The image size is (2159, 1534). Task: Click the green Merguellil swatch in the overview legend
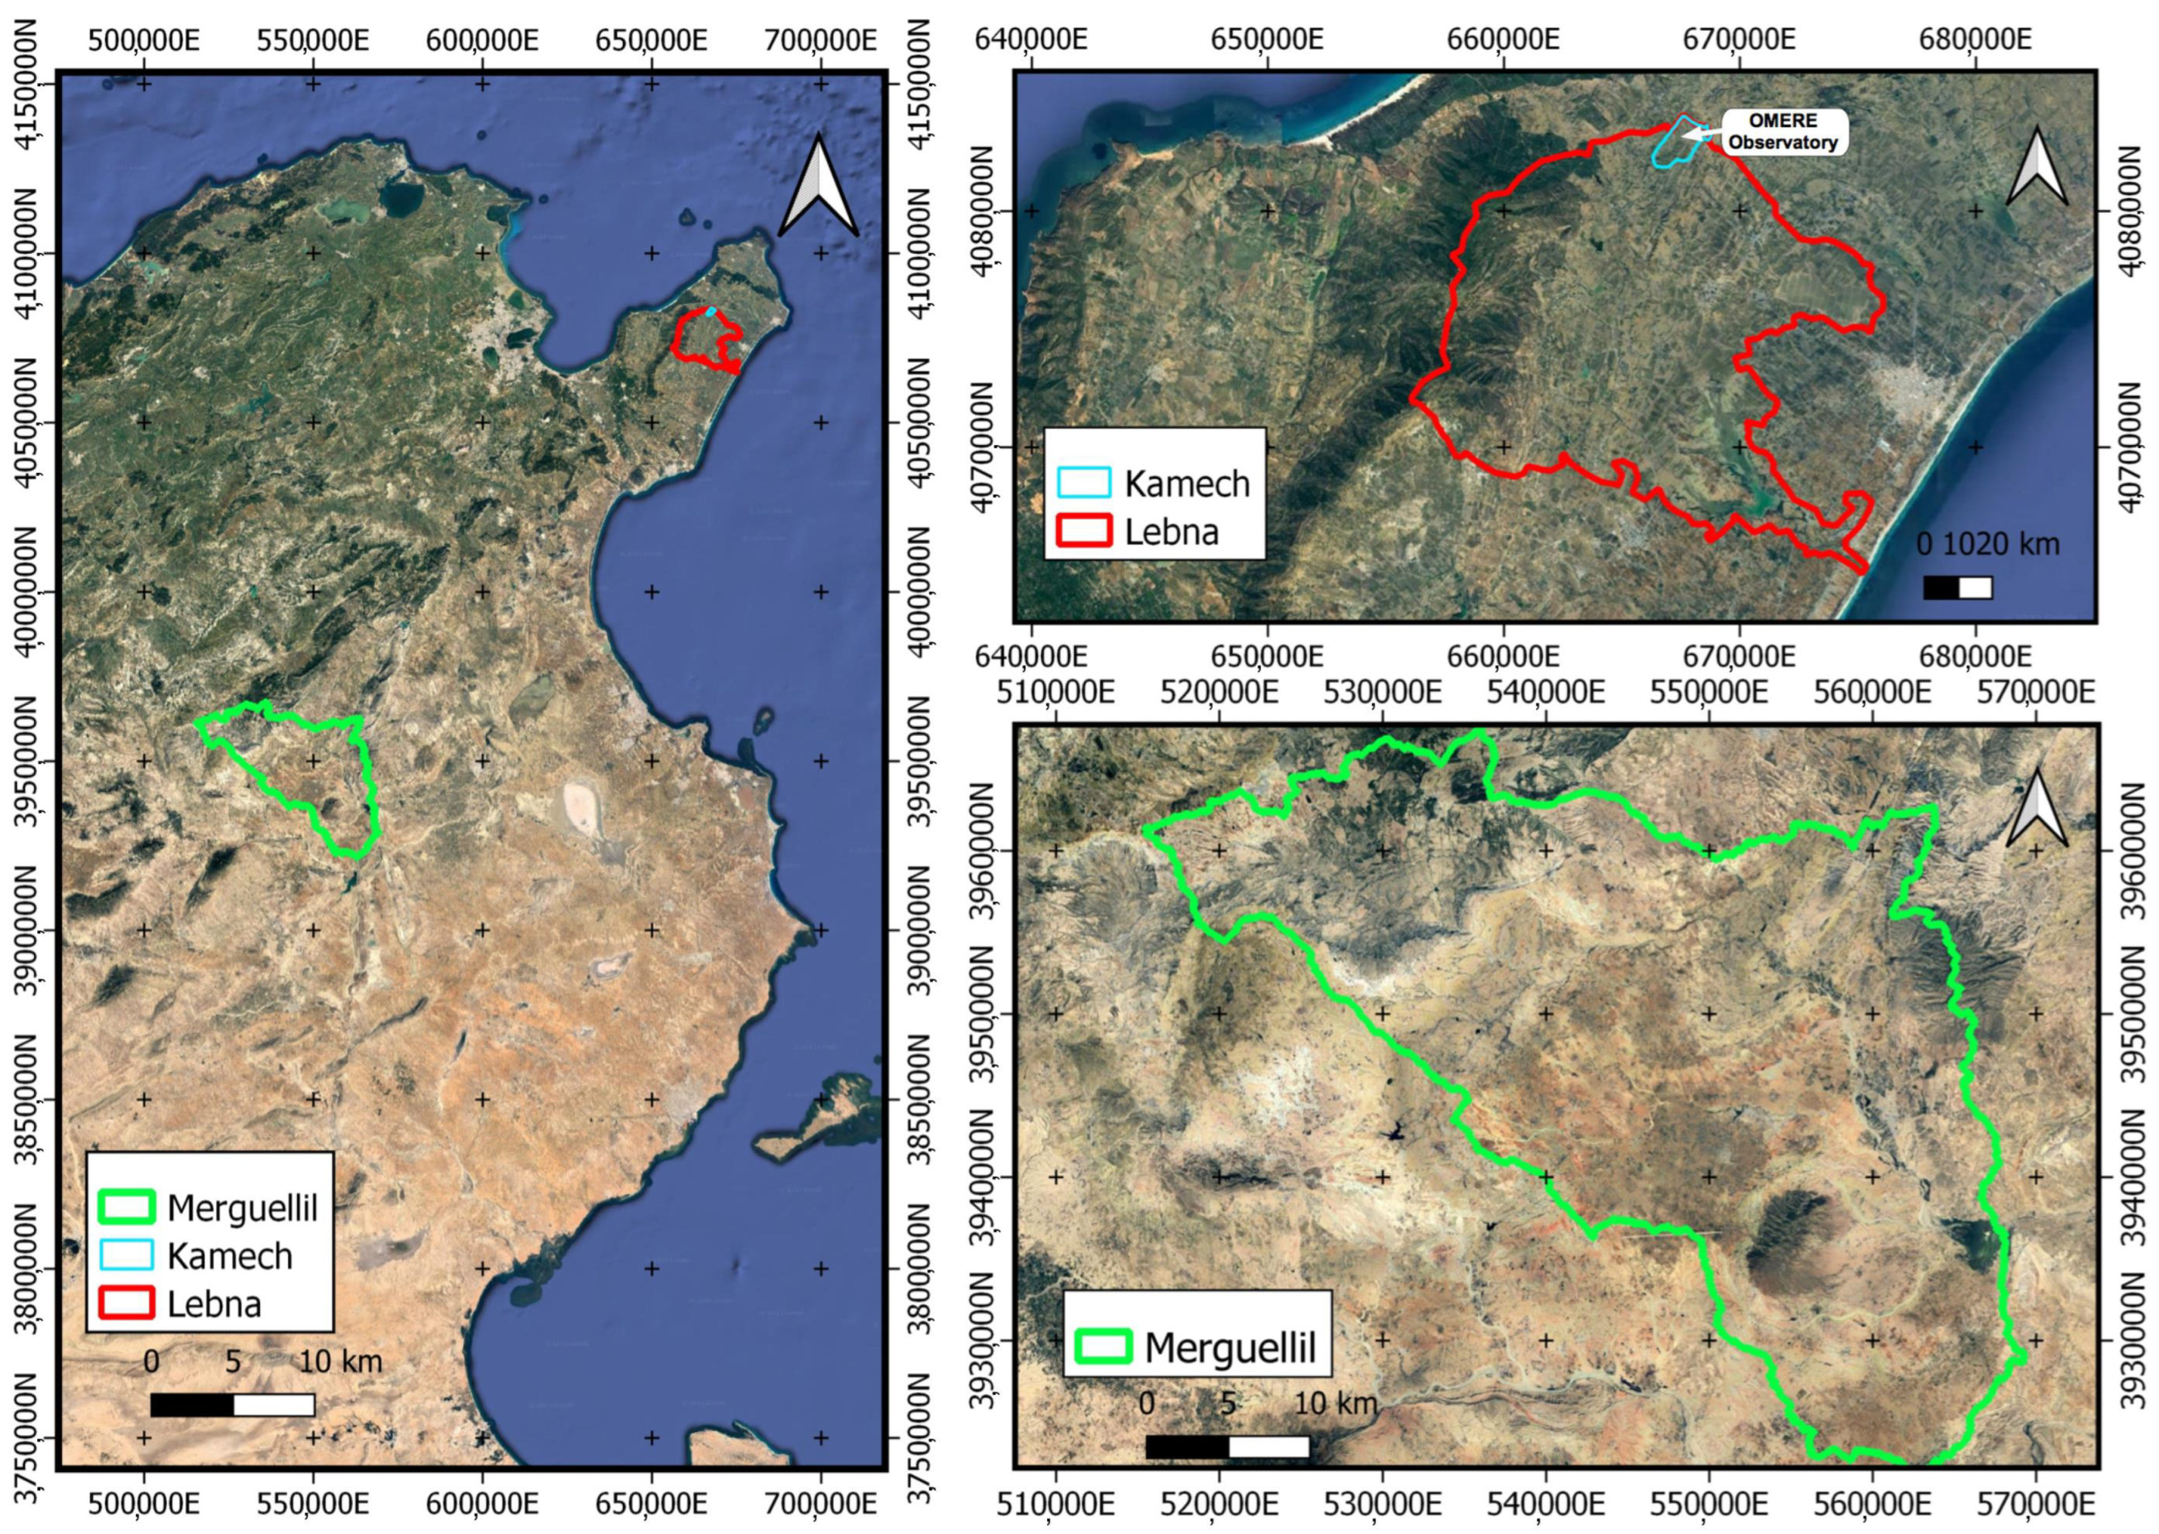point(125,1207)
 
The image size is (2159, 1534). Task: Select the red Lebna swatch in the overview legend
point(125,1303)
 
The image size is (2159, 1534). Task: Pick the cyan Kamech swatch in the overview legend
point(125,1255)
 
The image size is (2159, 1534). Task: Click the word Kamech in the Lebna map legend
point(1186,484)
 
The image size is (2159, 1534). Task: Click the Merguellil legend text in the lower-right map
point(1230,1347)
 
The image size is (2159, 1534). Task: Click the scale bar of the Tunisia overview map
point(232,1405)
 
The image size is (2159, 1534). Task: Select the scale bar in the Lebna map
point(1957,587)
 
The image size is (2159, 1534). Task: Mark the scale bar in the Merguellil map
point(1227,1446)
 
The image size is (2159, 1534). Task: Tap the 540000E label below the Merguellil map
point(1545,1504)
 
